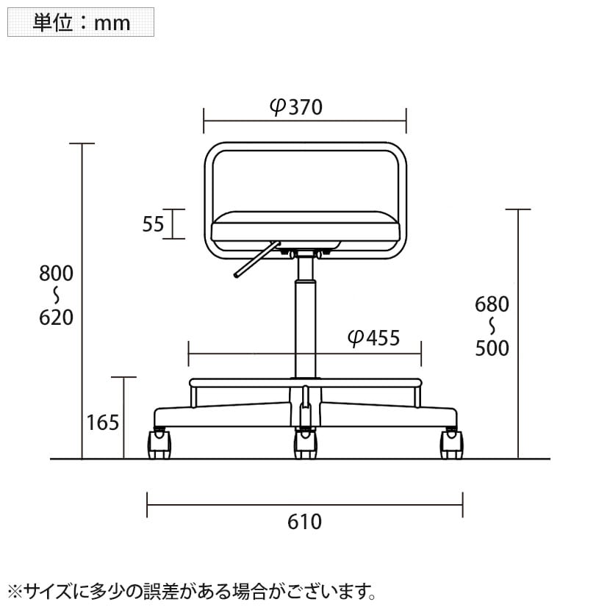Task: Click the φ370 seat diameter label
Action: tap(296, 107)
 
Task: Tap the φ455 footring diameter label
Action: tap(373, 337)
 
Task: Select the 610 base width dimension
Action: tap(304, 522)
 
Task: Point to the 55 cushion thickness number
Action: tap(153, 224)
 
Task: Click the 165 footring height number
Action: tap(103, 423)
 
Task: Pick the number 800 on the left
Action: tap(56, 273)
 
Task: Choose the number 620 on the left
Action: tap(56, 317)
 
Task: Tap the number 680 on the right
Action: tap(492, 304)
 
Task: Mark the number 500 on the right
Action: tap(492, 348)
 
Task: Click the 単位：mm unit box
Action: tap(81, 22)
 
